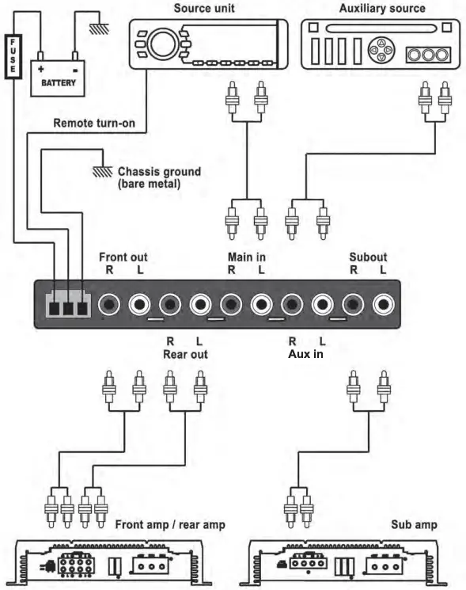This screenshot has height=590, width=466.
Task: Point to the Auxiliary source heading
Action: click(x=381, y=9)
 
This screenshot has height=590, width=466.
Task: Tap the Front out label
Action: click(x=123, y=257)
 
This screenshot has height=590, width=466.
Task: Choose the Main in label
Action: click(x=247, y=257)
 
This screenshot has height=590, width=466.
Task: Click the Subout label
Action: click(x=368, y=257)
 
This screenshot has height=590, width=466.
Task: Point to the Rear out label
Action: click(x=185, y=354)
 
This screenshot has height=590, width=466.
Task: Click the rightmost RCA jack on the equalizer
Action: click(x=385, y=303)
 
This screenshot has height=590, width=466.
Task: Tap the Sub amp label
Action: click(x=413, y=524)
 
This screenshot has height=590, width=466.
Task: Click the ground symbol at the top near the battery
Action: click(x=99, y=28)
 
